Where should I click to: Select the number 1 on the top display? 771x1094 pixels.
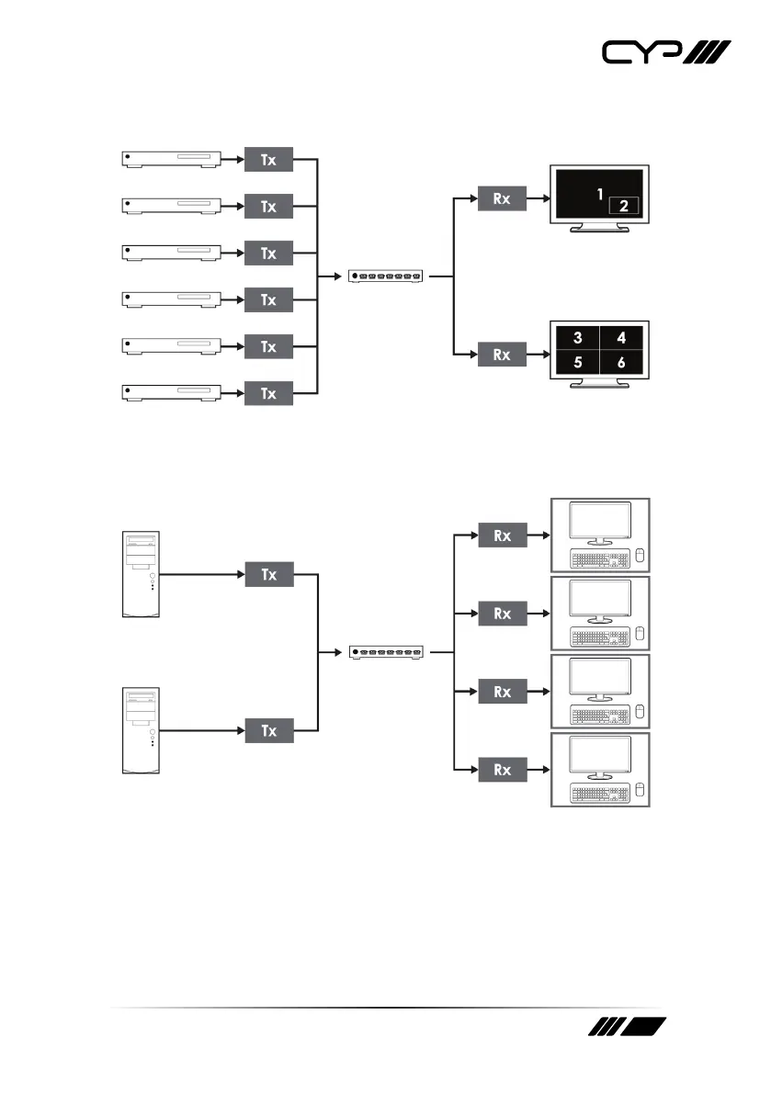click(x=599, y=195)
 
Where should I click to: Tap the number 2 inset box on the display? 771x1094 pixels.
click(x=624, y=206)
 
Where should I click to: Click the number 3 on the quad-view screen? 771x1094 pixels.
click(x=577, y=339)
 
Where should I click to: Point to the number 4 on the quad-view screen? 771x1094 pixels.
click(x=622, y=339)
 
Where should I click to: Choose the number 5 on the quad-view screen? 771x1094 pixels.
click(x=577, y=363)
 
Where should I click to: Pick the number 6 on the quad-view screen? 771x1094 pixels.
click(x=622, y=363)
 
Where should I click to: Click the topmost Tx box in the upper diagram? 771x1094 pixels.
click(x=267, y=160)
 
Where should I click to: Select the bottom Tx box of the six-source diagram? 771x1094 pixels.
click(x=267, y=394)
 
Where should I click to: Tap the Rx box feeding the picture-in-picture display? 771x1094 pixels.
click(x=502, y=198)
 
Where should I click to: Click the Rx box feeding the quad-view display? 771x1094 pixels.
click(x=502, y=355)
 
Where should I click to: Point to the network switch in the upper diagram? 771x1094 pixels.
click(x=387, y=276)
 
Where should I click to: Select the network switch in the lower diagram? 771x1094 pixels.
click(x=387, y=652)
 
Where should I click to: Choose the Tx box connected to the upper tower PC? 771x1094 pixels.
click(x=267, y=575)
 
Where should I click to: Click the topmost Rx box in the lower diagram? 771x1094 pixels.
click(x=502, y=535)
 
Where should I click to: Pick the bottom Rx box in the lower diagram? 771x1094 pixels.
click(x=502, y=769)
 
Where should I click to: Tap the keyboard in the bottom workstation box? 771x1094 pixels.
click(x=599, y=792)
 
